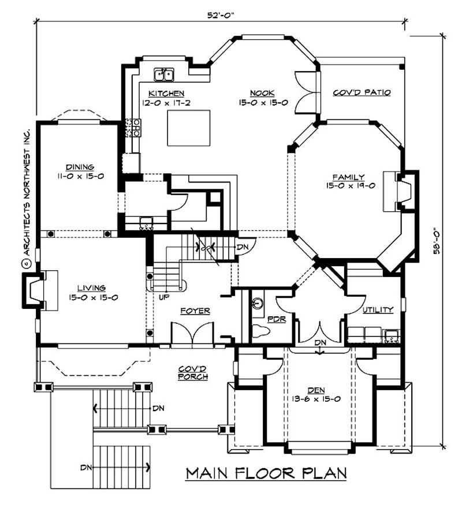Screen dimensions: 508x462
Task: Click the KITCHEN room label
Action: (x=166, y=93)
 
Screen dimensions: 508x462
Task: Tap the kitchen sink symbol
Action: (x=164, y=74)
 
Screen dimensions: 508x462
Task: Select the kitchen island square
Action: (x=188, y=128)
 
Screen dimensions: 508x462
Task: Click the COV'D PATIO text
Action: (x=362, y=92)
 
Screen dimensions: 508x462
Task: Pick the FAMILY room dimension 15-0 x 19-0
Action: (x=354, y=186)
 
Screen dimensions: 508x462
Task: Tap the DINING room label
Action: (x=80, y=167)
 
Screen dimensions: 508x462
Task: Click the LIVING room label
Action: (x=91, y=287)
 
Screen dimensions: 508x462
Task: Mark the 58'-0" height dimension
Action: (x=439, y=239)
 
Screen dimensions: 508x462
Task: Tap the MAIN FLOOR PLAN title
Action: (x=266, y=473)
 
